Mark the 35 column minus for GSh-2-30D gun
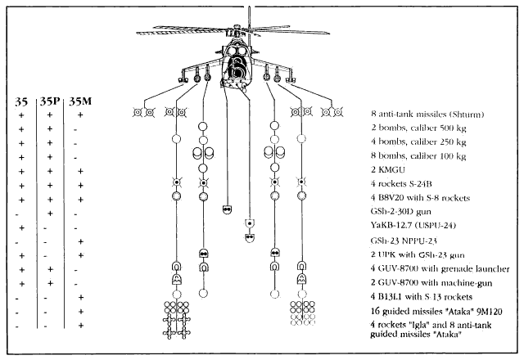(20, 213)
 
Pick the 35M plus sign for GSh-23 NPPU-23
(79, 241)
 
